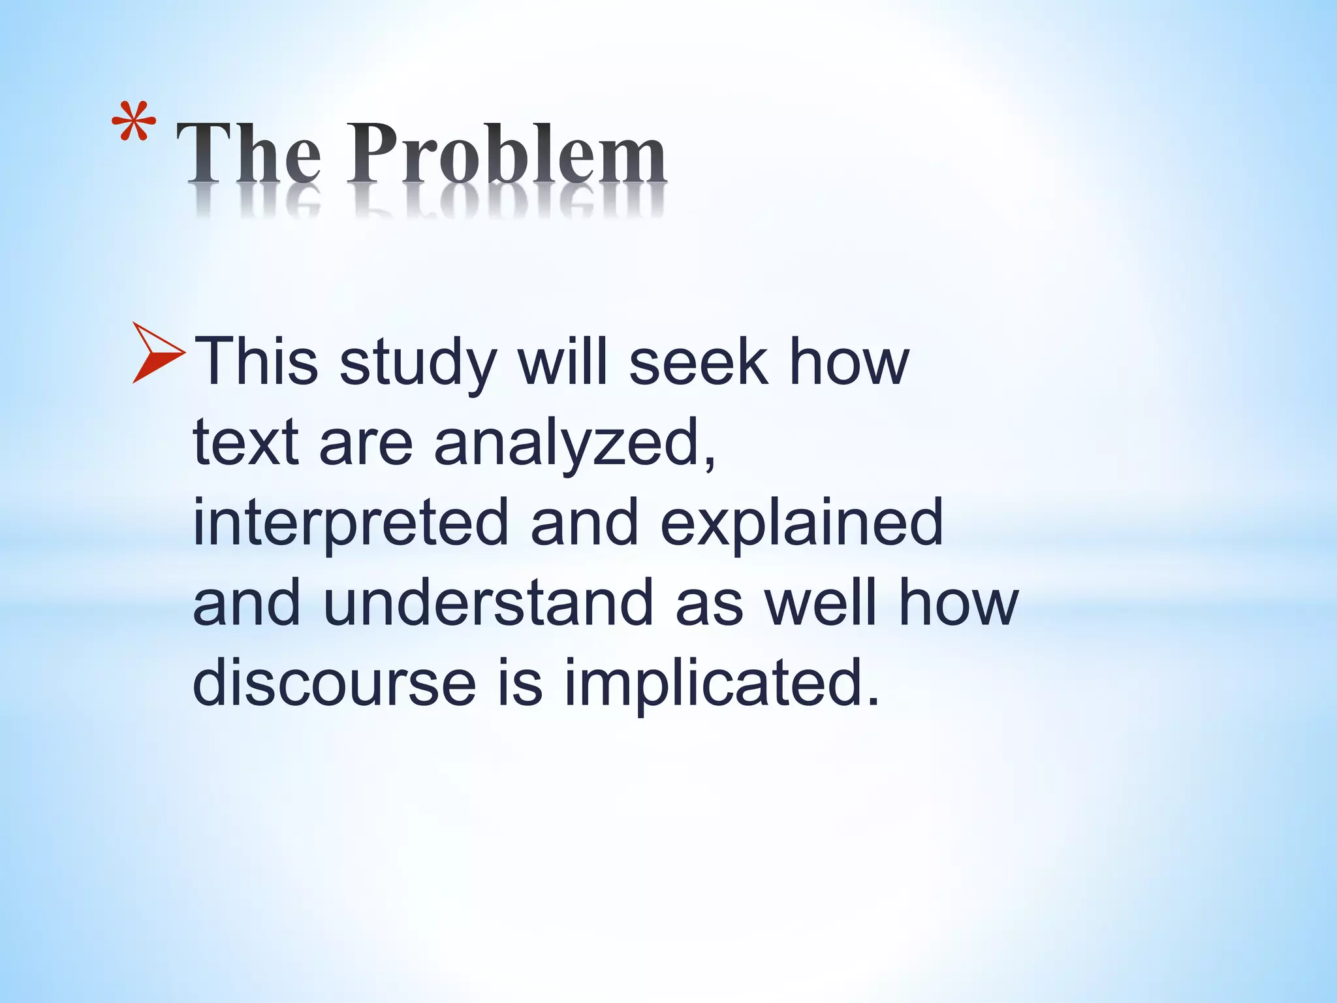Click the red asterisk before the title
pyautogui.click(x=134, y=122)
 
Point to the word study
pyautogui.click(x=418, y=364)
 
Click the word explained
pyautogui.click(x=802, y=523)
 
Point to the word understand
pyautogui.click(x=488, y=603)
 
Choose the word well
pyautogui.click(x=820, y=603)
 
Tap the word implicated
pyautogui.click(x=721, y=684)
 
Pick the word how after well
pyautogui.click(x=958, y=603)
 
